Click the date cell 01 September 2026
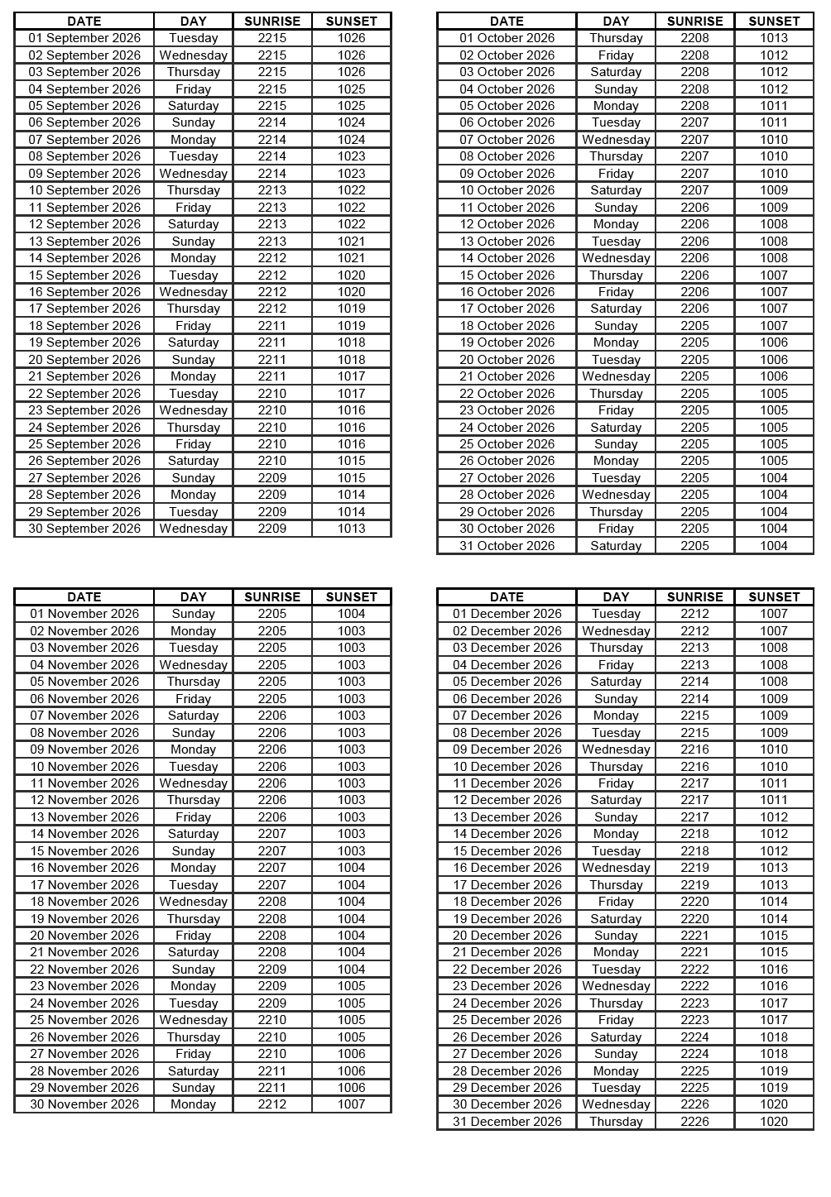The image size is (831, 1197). click(x=84, y=38)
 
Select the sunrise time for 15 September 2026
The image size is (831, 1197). click(x=272, y=275)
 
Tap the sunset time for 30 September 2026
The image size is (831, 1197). click(x=351, y=529)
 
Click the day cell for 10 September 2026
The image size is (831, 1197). click(x=193, y=190)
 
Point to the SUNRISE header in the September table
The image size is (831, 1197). click(x=272, y=21)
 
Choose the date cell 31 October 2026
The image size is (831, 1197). click(x=507, y=546)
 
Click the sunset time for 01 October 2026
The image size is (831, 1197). click(x=774, y=38)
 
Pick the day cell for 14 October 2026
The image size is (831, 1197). click(x=616, y=258)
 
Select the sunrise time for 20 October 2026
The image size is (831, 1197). click(x=694, y=360)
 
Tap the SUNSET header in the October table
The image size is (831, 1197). click(x=774, y=21)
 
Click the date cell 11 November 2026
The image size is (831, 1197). click(x=84, y=783)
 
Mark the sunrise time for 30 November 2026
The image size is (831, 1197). click(x=272, y=1104)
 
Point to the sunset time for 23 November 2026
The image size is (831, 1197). click(x=351, y=986)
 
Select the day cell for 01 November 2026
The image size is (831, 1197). click(x=193, y=614)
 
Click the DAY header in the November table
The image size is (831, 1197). click(x=193, y=596)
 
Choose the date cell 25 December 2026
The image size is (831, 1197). click(x=507, y=1020)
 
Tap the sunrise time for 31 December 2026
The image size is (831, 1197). click(x=694, y=1122)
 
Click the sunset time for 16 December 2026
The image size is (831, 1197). click(x=774, y=868)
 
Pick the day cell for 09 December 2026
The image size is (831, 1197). click(x=616, y=749)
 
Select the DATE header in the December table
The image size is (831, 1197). click(x=507, y=596)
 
